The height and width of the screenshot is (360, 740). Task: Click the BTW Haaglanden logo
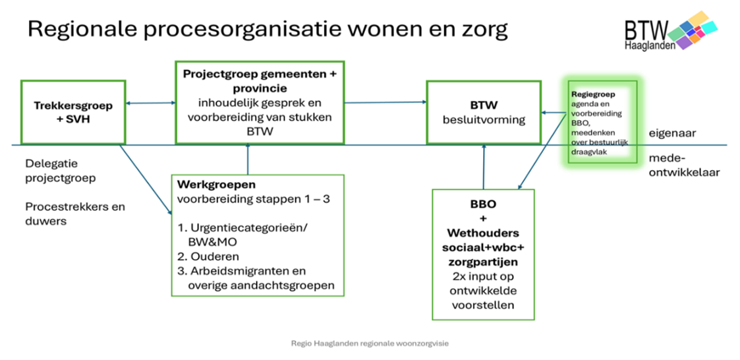click(670, 31)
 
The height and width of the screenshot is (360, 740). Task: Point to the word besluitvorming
click(484, 119)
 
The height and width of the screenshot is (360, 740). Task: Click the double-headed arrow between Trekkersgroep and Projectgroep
click(150, 102)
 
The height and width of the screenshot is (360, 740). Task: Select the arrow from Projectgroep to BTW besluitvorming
click(385, 102)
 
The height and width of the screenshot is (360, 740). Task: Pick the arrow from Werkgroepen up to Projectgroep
click(247, 159)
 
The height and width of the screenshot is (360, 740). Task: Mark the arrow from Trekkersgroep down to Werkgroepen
click(146, 179)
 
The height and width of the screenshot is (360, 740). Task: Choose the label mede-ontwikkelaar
click(684, 165)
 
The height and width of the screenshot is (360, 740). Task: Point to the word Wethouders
click(483, 233)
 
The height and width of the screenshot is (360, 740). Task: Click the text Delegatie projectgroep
click(59, 171)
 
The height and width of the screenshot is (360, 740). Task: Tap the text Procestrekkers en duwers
click(75, 214)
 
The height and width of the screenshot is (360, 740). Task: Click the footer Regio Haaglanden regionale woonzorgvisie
click(370, 344)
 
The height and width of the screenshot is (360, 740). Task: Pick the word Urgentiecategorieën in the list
click(249, 227)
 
